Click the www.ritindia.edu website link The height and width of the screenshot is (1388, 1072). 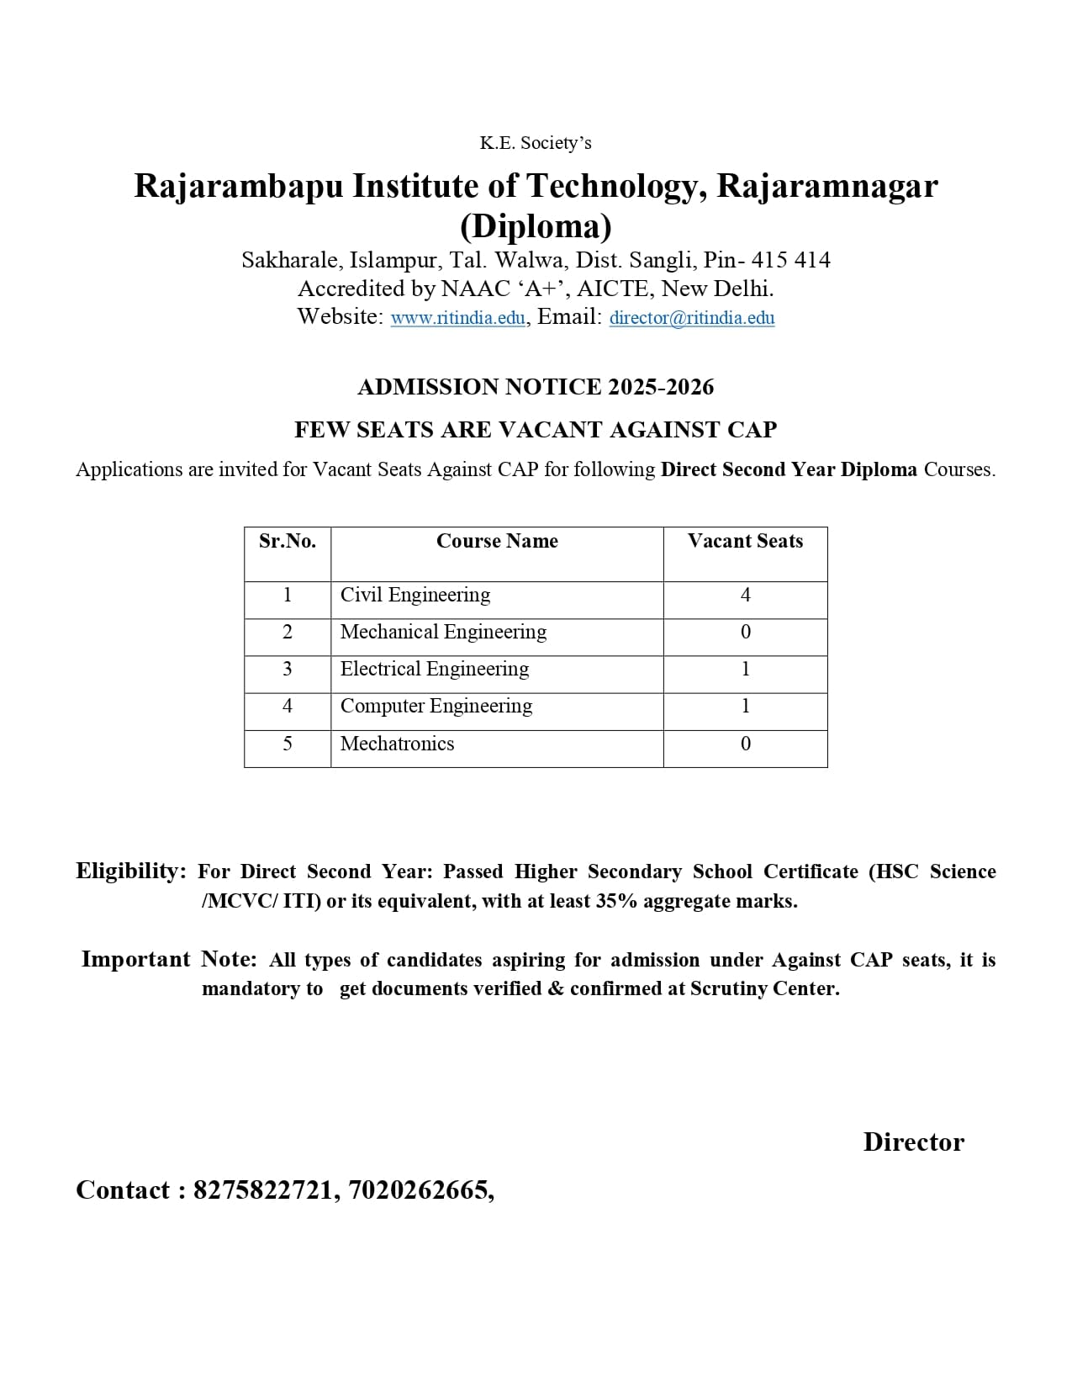457,318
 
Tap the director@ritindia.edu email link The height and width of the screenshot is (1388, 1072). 691,318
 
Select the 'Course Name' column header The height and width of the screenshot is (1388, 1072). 497,541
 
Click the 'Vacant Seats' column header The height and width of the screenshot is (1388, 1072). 745,541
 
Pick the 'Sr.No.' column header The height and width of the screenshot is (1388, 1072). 288,541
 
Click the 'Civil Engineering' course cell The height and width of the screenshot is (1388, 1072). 415,595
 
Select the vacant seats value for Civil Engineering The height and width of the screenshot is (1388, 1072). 745,595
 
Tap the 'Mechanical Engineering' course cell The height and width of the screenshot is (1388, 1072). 443,632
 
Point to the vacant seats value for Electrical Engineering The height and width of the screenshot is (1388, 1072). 745,669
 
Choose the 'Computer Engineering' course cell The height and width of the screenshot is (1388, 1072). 436,706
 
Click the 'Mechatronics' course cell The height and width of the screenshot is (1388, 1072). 397,744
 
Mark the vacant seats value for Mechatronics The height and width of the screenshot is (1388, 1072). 745,744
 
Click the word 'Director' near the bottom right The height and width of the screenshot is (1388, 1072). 913,1142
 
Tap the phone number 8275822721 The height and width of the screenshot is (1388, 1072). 262,1190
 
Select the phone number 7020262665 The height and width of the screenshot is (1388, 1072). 417,1190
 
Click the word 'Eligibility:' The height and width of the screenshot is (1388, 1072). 131,871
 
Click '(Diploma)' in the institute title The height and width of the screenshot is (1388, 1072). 536,225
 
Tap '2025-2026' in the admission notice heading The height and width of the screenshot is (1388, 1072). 661,387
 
